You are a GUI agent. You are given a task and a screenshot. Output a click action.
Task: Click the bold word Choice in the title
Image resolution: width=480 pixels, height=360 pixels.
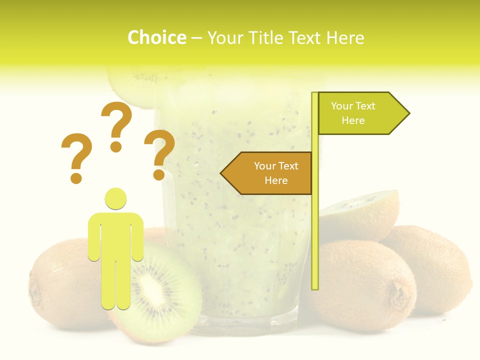(x=156, y=37)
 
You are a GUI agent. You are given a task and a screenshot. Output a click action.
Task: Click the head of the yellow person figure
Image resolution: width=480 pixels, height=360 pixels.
(x=115, y=198)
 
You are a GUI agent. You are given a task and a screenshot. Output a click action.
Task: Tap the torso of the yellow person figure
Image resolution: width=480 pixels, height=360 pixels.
(x=115, y=235)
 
